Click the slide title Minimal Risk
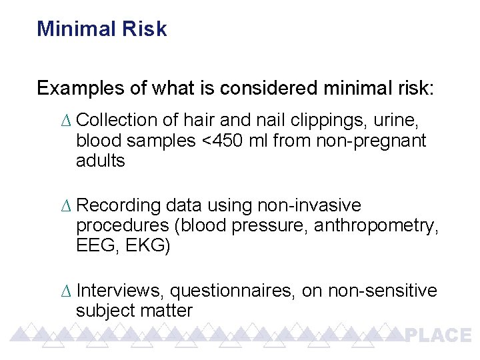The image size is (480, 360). point(101,29)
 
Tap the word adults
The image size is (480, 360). point(101,161)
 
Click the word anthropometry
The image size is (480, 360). point(376,226)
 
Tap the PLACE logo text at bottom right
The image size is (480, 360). point(438,335)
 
